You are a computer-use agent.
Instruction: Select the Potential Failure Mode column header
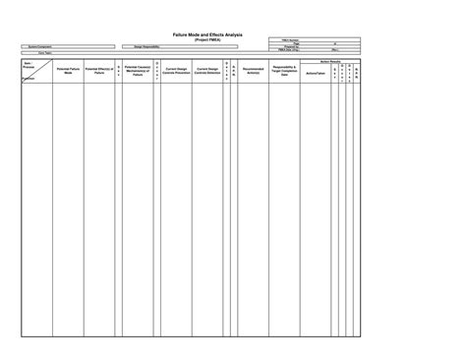click(x=68, y=72)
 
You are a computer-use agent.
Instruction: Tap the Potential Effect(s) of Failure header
click(x=99, y=72)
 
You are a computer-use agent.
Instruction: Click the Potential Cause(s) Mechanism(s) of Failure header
click(x=138, y=72)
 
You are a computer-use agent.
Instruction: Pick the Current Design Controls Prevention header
click(x=176, y=72)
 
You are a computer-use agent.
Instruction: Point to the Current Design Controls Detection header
click(x=206, y=72)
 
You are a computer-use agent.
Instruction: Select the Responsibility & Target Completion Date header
click(x=285, y=72)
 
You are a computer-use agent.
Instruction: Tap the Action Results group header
click(x=330, y=60)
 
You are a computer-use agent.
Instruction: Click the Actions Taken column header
click(x=316, y=74)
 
